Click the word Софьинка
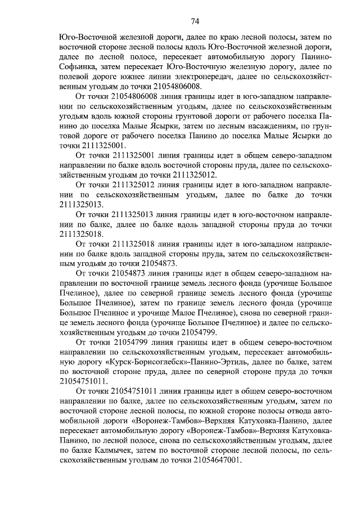(79, 66)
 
